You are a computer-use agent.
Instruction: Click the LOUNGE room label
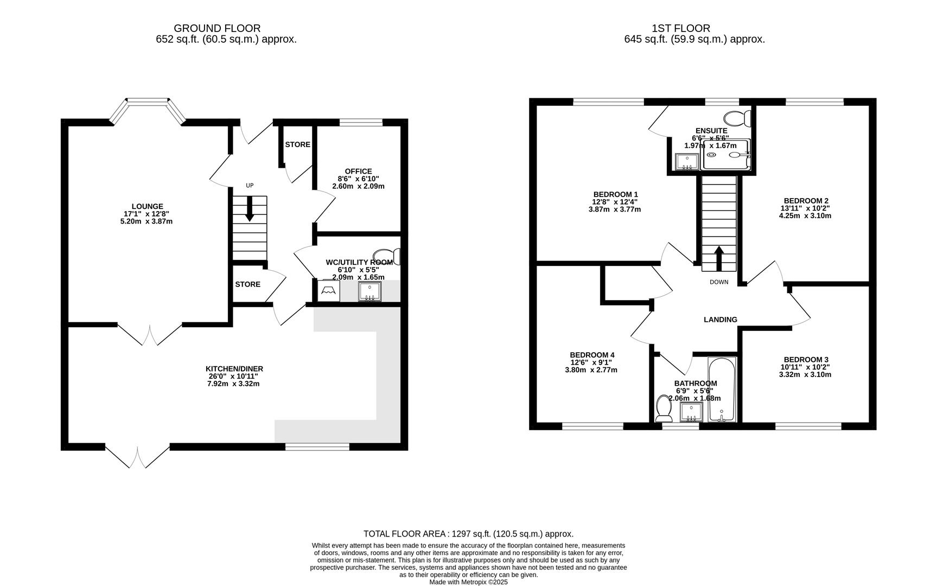tap(147, 206)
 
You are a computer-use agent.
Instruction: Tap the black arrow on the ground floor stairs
tap(250, 209)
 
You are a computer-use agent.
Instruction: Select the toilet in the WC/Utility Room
tap(386, 256)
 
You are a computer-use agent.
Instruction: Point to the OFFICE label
tap(358, 171)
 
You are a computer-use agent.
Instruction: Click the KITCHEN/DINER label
tap(234, 368)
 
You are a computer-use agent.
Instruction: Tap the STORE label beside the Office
tap(297, 144)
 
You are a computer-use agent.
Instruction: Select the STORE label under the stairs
tap(247, 284)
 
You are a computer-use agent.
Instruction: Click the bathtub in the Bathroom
tap(722, 390)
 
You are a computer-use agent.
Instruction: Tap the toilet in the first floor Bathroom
tap(663, 409)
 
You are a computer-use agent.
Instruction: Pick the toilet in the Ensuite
tap(737, 118)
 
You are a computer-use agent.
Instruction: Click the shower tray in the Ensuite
tap(726, 155)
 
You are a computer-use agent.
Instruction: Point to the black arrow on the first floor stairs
tap(719, 258)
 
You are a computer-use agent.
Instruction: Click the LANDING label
tap(720, 320)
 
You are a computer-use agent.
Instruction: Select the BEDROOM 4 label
tap(592, 355)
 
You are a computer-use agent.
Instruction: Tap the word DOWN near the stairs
tap(719, 282)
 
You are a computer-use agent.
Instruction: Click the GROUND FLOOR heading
tap(217, 28)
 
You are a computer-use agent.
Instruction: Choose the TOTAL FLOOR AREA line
tap(468, 533)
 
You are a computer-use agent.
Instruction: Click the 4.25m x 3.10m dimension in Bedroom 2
tap(805, 215)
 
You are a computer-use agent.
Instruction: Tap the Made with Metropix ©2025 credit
tap(468, 582)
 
